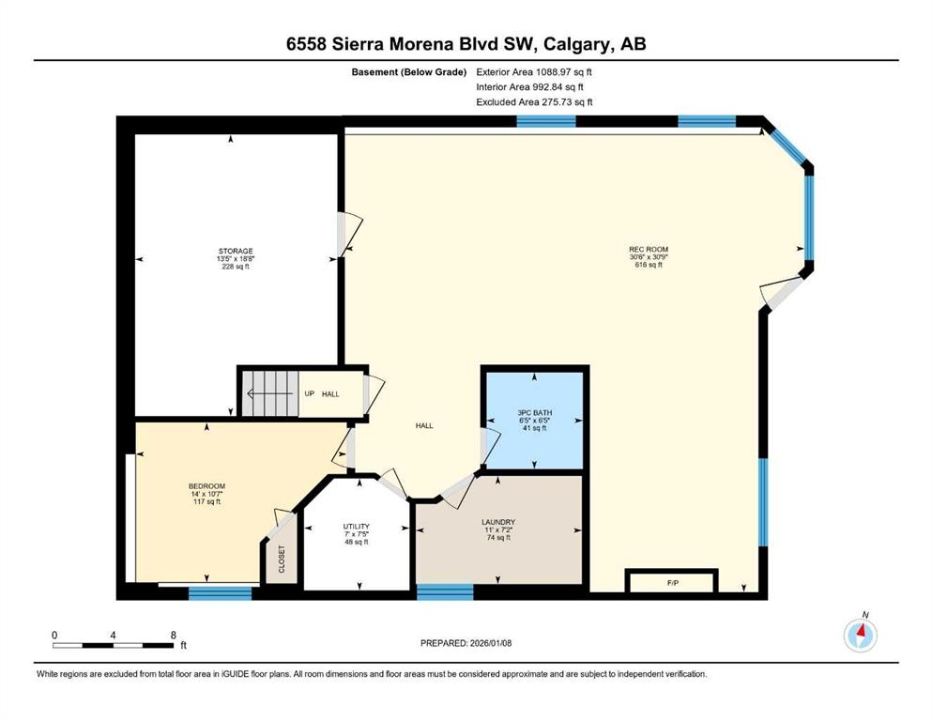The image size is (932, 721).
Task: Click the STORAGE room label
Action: (x=236, y=251)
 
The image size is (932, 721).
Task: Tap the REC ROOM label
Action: (x=649, y=249)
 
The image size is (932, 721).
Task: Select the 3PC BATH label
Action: (x=534, y=412)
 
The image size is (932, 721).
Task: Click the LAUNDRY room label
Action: (x=498, y=523)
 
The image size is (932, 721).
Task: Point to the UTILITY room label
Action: (x=356, y=527)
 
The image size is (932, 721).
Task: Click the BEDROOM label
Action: (x=206, y=486)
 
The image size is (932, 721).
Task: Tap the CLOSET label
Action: (x=282, y=559)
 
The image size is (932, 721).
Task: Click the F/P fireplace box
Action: (x=672, y=581)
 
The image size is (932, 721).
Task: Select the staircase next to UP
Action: (x=269, y=393)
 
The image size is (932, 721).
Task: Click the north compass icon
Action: (x=860, y=635)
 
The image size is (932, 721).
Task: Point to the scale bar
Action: (x=113, y=645)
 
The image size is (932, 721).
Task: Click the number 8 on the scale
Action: (x=174, y=635)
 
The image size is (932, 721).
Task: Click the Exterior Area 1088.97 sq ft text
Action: (x=534, y=72)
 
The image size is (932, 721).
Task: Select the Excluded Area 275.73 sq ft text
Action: (x=534, y=102)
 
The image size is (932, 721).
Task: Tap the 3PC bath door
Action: (x=490, y=447)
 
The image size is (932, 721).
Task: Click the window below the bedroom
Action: (x=220, y=592)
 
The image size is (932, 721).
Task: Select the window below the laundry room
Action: (x=445, y=592)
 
